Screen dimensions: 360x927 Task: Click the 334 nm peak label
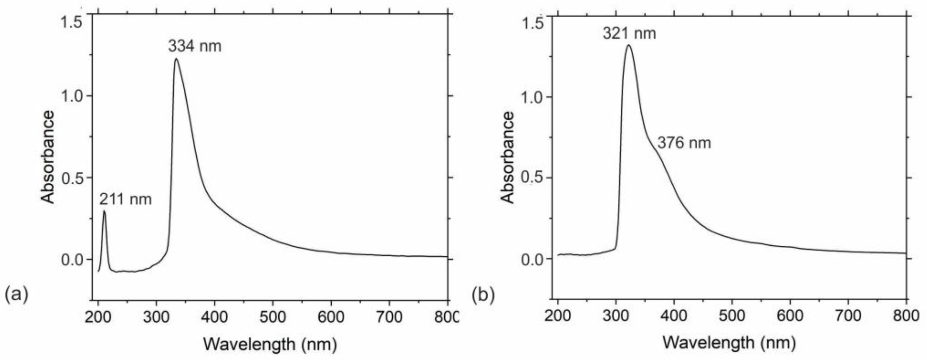[x=195, y=47]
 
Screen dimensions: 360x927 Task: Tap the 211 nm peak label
[x=126, y=199]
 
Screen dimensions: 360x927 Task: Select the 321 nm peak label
[x=629, y=33]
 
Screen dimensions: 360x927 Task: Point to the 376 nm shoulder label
[x=684, y=143]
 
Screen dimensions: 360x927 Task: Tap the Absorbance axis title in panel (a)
[x=47, y=157]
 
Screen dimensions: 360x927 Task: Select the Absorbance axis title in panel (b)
[x=507, y=157]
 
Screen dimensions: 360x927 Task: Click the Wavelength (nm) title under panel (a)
[x=270, y=344]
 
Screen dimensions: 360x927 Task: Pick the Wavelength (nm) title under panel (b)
[x=729, y=342]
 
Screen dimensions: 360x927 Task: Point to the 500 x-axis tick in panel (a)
[x=272, y=317]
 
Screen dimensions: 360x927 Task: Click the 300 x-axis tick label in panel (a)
[x=156, y=317]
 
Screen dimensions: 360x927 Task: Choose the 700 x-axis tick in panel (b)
[x=848, y=316]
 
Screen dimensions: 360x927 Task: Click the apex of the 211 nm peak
[x=104, y=211]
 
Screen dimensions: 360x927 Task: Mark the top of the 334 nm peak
[x=176, y=59]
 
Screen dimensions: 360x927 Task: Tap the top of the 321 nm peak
[x=628, y=45]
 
